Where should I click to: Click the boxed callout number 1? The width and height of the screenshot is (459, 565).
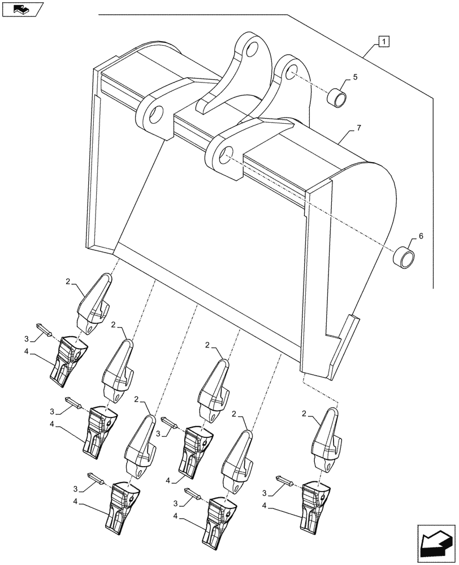[x=384, y=41]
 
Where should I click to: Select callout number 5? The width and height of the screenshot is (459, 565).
[x=356, y=77]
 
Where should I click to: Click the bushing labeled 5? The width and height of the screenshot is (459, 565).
[x=338, y=97]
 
